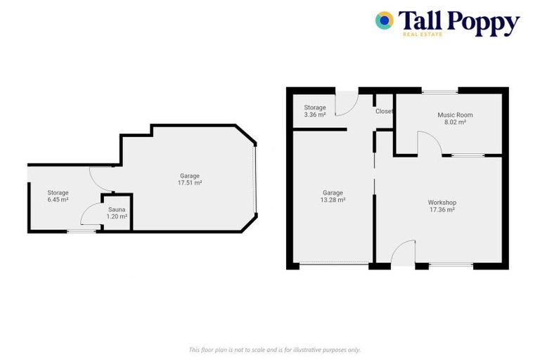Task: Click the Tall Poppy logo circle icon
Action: tap(384, 20)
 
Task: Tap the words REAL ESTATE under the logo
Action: tap(423, 34)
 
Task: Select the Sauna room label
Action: tap(116, 210)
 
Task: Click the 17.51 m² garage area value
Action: tap(190, 183)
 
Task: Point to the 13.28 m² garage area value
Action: tap(333, 200)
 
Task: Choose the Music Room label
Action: tap(455, 115)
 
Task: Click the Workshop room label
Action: tap(442, 202)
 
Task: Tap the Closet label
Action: tap(384, 111)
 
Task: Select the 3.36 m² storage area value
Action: tap(314, 115)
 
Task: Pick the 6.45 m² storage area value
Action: tap(58, 200)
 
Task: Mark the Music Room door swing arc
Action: tap(430, 143)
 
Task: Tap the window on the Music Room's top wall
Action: tap(439, 91)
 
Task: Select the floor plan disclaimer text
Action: tap(275, 349)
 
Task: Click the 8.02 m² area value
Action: tap(455, 122)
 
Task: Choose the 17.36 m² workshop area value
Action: tap(442, 210)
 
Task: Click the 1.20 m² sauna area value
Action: tap(116, 217)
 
